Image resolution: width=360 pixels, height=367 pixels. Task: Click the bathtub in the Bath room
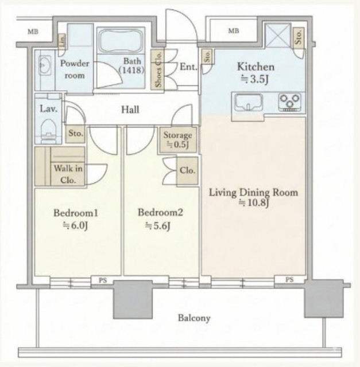click(x=121, y=41)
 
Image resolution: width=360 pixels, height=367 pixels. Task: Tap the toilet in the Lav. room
click(x=48, y=131)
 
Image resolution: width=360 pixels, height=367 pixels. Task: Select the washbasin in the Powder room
click(x=45, y=65)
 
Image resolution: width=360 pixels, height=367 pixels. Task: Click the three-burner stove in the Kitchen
click(x=290, y=102)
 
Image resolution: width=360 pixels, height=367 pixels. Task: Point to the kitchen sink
click(x=249, y=102)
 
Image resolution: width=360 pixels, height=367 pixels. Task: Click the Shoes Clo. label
click(x=158, y=69)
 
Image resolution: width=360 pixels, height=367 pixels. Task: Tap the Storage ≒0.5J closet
click(x=177, y=140)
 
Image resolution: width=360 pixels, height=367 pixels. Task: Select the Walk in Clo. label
click(x=68, y=174)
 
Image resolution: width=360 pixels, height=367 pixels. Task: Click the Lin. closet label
click(x=62, y=41)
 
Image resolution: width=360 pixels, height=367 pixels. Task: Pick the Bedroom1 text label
click(x=76, y=213)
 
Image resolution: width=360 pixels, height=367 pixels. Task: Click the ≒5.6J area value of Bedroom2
click(x=157, y=226)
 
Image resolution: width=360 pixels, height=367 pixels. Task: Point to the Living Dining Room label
click(x=253, y=193)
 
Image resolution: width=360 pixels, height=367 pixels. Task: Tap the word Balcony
click(x=194, y=318)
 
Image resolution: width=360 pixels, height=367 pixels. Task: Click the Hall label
click(x=130, y=110)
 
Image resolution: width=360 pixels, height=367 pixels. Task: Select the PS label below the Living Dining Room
click(x=289, y=279)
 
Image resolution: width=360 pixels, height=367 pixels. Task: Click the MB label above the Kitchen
click(x=234, y=30)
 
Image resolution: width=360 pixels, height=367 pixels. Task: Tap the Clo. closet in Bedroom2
click(x=187, y=171)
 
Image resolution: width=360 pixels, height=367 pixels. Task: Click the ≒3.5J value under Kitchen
click(x=255, y=80)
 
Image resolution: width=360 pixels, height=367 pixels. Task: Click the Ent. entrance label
click(x=188, y=67)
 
